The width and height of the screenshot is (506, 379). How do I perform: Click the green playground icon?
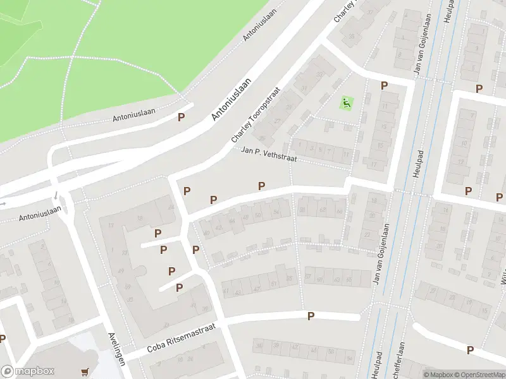coord(346,102)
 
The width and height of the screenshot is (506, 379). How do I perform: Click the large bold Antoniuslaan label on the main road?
coord(231,99)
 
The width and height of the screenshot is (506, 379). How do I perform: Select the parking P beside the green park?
coord(182,117)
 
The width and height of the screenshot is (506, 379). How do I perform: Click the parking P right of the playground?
coord(383,86)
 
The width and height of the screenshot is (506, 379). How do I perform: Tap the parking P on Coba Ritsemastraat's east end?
coord(311,316)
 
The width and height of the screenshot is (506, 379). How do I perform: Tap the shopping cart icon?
coord(85,373)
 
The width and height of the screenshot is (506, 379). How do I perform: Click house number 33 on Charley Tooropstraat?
coord(319,75)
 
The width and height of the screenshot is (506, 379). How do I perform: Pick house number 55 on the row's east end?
coord(290,278)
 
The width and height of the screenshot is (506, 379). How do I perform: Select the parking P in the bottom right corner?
coord(470,350)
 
